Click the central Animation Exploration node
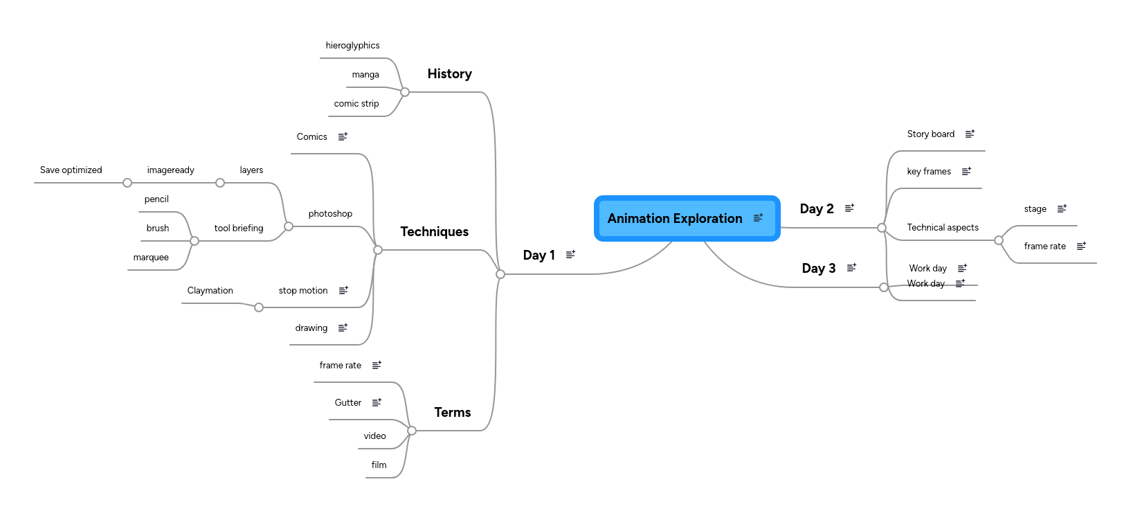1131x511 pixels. [675, 219]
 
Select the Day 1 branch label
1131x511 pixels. [539, 256]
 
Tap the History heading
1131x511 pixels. [449, 74]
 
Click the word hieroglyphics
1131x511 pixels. [352, 46]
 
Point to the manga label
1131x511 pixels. [365, 75]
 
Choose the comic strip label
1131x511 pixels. [356, 104]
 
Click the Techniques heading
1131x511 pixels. [434, 232]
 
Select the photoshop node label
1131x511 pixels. [330, 214]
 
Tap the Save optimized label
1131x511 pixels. [71, 170]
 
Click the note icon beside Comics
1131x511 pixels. [343, 136]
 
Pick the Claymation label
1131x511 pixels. [210, 291]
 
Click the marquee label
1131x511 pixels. [151, 258]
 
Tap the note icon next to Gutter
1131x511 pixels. [377, 402]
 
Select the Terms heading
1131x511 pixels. [452, 413]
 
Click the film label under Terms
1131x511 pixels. [379, 465]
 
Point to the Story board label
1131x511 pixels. [930, 134]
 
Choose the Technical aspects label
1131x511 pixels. [942, 228]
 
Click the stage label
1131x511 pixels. [1035, 209]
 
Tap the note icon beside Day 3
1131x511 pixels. [851, 267]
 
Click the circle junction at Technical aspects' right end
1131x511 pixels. [998, 240]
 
